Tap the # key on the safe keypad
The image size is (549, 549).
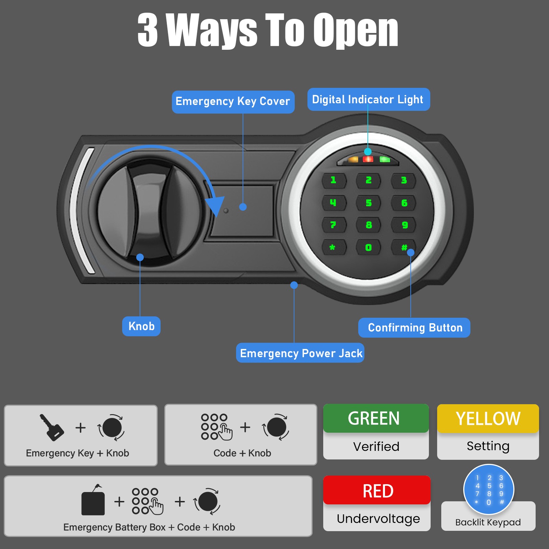point(404,247)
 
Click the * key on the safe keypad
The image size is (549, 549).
point(332,247)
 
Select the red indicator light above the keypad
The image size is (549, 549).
point(368,159)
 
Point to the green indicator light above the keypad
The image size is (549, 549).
point(385,160)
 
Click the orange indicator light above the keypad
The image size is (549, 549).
point(353,160)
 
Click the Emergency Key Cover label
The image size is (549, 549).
point(233,102)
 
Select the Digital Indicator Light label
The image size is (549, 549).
point(369,100)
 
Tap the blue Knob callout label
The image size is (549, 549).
point(141,326)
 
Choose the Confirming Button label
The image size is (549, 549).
point(414,328)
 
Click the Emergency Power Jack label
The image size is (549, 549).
point(300,353)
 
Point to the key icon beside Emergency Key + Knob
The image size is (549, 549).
point(52,427)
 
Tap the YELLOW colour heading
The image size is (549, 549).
point(488,419)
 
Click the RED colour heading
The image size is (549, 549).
point(377,490)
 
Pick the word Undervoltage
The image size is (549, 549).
point(378,518)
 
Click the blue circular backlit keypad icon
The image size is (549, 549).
point(489,490)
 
